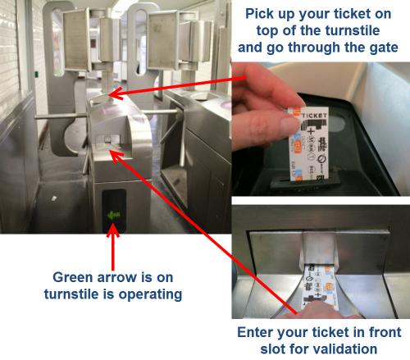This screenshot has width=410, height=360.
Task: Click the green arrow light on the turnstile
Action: [114, 216]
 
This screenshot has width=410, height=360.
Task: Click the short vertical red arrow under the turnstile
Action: [114, 246]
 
